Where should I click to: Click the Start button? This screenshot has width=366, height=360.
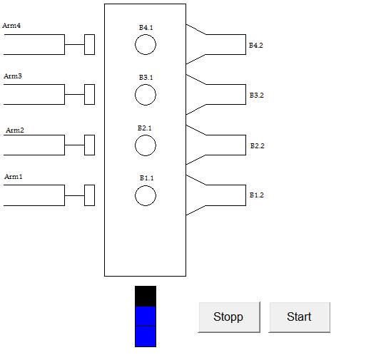300,317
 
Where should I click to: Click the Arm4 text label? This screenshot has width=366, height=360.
11,26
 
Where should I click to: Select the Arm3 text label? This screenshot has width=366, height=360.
13,76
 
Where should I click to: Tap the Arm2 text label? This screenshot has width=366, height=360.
15,130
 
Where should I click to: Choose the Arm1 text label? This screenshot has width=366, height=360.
14,177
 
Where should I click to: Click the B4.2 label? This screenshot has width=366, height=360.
256,46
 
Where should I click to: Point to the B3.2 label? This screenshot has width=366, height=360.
257,96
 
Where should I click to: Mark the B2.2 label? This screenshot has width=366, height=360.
258,145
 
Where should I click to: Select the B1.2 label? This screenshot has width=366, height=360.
257,195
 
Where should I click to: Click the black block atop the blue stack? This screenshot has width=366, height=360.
146,296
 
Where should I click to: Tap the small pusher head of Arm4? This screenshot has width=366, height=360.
90,44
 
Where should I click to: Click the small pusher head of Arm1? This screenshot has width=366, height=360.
90,195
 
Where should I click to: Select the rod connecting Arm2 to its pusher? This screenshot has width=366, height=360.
74,145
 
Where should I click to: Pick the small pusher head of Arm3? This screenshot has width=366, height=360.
90,94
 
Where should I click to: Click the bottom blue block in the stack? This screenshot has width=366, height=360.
146,336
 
